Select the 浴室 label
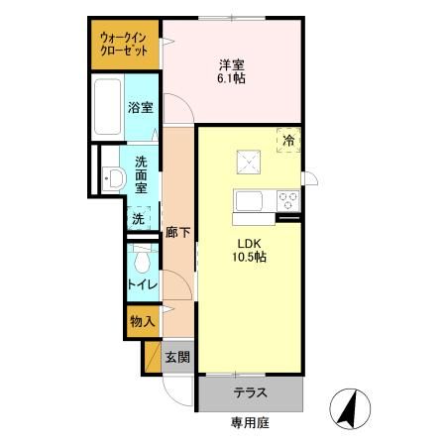tap(139, 108)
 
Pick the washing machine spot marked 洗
tap(139, 218)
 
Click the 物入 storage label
tap(142, 320)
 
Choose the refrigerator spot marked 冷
tap(288, 142)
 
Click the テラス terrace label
tap(250, 392)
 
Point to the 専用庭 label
tap(250, 424)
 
